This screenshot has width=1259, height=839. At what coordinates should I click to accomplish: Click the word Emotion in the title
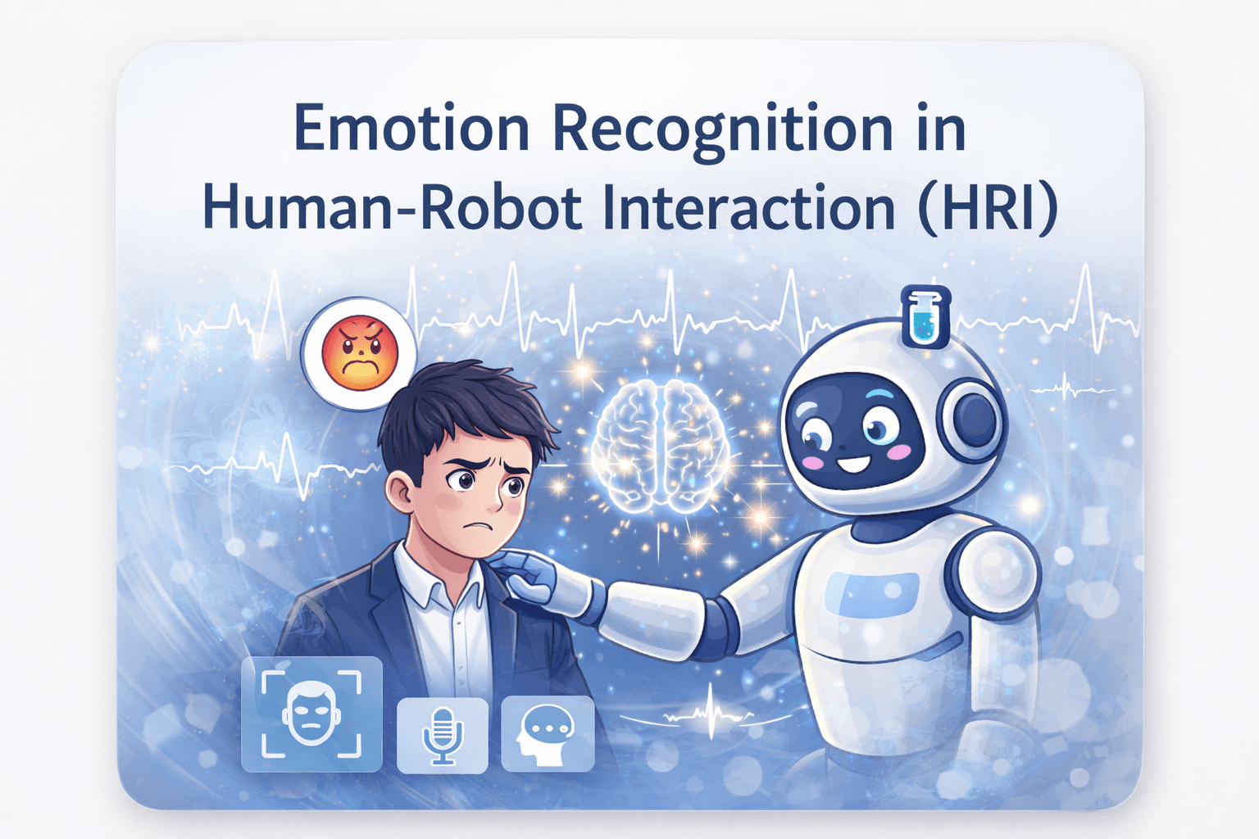tap(411, 129)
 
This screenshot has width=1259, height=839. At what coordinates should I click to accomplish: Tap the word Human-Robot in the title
tap(392, 209)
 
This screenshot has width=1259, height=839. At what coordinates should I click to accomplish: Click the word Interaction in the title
tap(748, 209)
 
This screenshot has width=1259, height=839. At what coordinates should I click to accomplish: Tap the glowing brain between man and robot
tap(661, 447)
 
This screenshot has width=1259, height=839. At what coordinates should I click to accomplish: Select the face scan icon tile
tap(311, 714)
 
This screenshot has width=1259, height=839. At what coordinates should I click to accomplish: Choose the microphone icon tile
tap(443, 734)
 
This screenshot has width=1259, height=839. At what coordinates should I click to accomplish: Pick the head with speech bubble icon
tap(547, 734)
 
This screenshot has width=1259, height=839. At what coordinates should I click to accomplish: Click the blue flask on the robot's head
tap(925, 316)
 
